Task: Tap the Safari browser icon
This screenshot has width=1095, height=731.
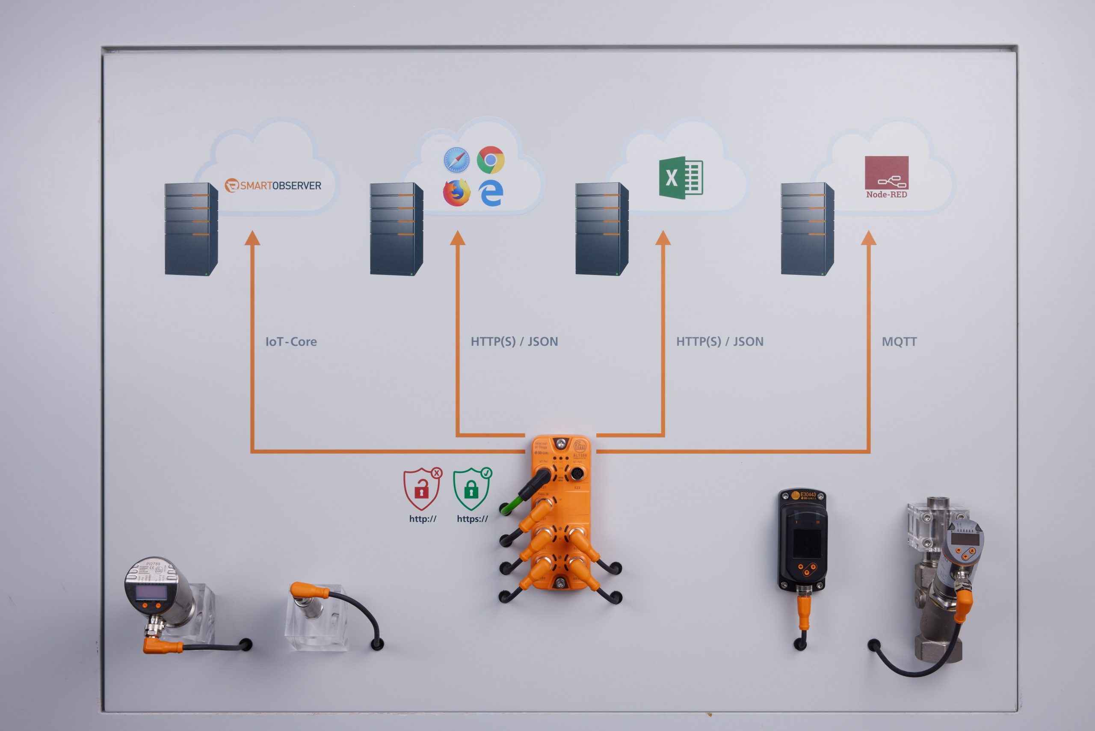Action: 456,160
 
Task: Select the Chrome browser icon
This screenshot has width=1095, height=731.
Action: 490,160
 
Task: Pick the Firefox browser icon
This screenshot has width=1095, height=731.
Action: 456,192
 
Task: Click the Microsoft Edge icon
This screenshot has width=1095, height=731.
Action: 491,193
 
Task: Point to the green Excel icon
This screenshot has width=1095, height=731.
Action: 680,178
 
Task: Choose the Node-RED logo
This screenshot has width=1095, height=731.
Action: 886,177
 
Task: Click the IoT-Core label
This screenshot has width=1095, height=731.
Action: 291,342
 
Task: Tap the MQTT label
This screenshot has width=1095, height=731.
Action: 899,342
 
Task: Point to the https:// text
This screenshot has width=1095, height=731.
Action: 472,519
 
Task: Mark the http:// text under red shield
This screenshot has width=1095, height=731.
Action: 423,519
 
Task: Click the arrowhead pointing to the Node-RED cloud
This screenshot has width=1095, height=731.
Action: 869,238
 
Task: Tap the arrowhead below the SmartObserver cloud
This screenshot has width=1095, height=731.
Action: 252,238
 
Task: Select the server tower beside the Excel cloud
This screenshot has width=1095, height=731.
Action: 601,229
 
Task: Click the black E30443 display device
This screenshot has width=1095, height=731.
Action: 802,541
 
